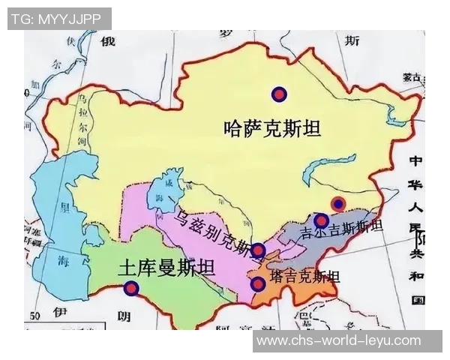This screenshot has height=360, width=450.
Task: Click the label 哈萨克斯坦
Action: [272, 129]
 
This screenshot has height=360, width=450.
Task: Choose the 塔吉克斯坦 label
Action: [304, 276]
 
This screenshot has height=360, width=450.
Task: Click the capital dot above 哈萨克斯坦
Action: [279, 94]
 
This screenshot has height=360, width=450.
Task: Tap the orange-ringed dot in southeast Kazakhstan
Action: [338, 204]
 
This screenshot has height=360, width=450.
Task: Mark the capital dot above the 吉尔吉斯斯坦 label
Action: [321, 220]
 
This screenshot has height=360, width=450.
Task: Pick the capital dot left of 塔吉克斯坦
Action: [258, 283]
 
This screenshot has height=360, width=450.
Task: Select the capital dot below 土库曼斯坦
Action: [131, 287]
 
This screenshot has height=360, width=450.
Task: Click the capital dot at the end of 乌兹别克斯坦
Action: [258, 250]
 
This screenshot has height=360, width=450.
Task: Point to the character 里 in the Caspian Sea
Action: [66, 206]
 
